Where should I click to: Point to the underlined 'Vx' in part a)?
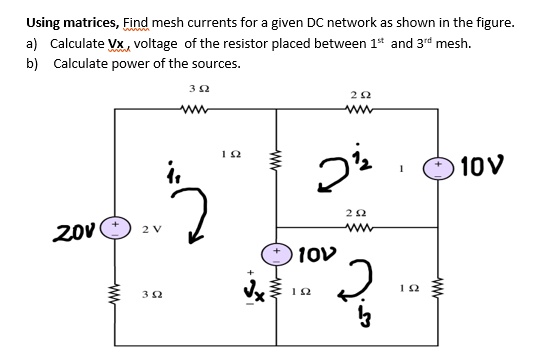tap(118, 43)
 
